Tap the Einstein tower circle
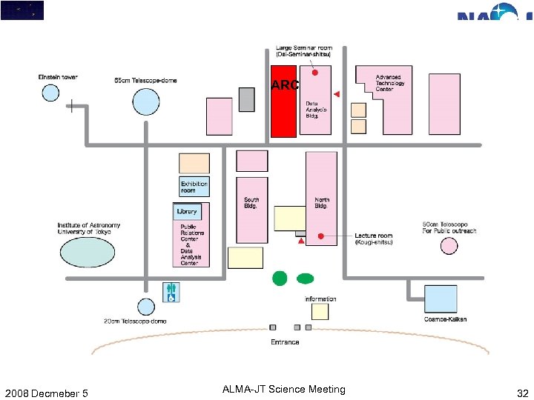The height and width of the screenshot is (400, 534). coord(50,93)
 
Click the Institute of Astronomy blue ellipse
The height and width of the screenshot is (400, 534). coord(88,252)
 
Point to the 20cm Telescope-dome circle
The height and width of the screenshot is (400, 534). coord(145,307)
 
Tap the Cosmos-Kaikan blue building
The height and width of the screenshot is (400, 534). coord(440,298)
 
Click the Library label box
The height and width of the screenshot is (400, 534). coord(187,212)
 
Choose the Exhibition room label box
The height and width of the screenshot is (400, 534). coord(194,186)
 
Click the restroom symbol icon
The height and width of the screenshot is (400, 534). coord(171,293)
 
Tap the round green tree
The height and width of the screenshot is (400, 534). coord(280,278)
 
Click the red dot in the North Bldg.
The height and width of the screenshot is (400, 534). coord(320,236)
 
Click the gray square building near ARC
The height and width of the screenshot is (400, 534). coord(247,99)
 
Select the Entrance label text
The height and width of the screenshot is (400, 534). coord(285,342)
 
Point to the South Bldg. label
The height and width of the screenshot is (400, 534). coord(251,203)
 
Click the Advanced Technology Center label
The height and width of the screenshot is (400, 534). coord(389,83)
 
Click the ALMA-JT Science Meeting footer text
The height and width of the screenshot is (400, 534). coord(283,390)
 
